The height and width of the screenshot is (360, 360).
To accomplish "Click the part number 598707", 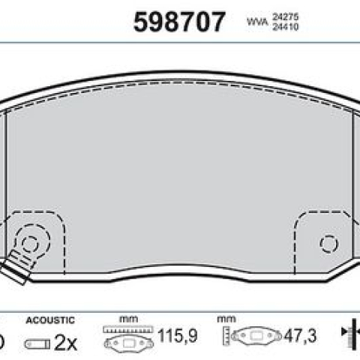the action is tap(179, 22).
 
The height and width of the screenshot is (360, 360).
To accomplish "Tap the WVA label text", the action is tap(257, 22).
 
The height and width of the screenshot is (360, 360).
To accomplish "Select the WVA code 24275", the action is tap(285, 17).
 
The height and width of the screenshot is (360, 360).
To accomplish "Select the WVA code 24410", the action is tap(285, 26).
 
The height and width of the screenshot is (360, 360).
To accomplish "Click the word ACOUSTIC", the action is tap(50, 320).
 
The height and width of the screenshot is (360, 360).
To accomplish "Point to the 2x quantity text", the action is tap(65, 343).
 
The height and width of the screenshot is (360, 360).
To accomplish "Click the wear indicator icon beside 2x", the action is tap(37, 344).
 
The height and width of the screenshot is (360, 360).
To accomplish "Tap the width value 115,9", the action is tap(178, 335).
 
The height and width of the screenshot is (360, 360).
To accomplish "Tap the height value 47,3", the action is tap(300, 335).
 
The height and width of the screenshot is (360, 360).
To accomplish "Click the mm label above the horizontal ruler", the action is tap(128, 319).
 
